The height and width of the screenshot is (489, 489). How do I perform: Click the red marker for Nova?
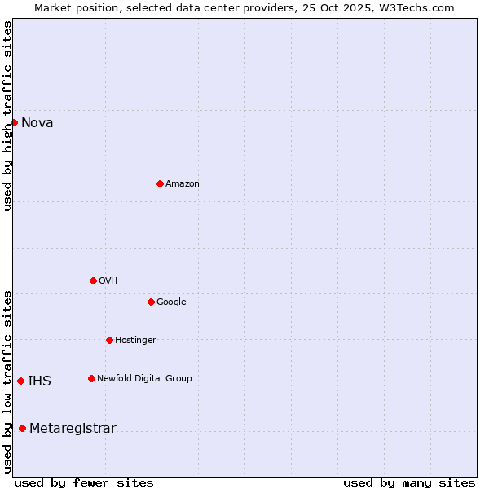tap(14, 122)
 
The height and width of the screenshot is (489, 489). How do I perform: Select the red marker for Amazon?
tap(160, 183)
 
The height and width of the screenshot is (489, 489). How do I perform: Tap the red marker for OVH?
tap(93, 280)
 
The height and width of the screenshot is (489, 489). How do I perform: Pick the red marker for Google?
tap(151, 302)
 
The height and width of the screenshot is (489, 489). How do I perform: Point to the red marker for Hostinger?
tap(109, 340)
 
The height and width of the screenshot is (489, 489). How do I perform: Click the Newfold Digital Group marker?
tap(91, 378)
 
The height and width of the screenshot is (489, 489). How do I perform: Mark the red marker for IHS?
tap(20, 381)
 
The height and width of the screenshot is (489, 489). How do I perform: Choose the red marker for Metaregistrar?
tap(22, 429)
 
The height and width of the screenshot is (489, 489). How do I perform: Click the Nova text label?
tap(37, 123)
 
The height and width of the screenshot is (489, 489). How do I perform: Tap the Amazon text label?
tap(183, 184)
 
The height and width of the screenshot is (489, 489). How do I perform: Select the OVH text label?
tap(108, 281)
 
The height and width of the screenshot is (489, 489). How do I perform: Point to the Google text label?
tap(171, 302)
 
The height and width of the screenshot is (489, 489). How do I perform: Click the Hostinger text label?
tap(135, 341)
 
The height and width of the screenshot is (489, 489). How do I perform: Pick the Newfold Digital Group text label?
tap(144, 379)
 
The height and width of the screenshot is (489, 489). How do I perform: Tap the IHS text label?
tap(39, 381)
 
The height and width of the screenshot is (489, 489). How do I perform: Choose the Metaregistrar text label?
tap(73, 430)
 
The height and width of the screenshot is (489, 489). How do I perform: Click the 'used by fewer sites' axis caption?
tap(84, 483)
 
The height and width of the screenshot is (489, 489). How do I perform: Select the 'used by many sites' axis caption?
tap(409, 483)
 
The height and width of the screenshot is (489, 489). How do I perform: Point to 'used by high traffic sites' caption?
tap(7, 116)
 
